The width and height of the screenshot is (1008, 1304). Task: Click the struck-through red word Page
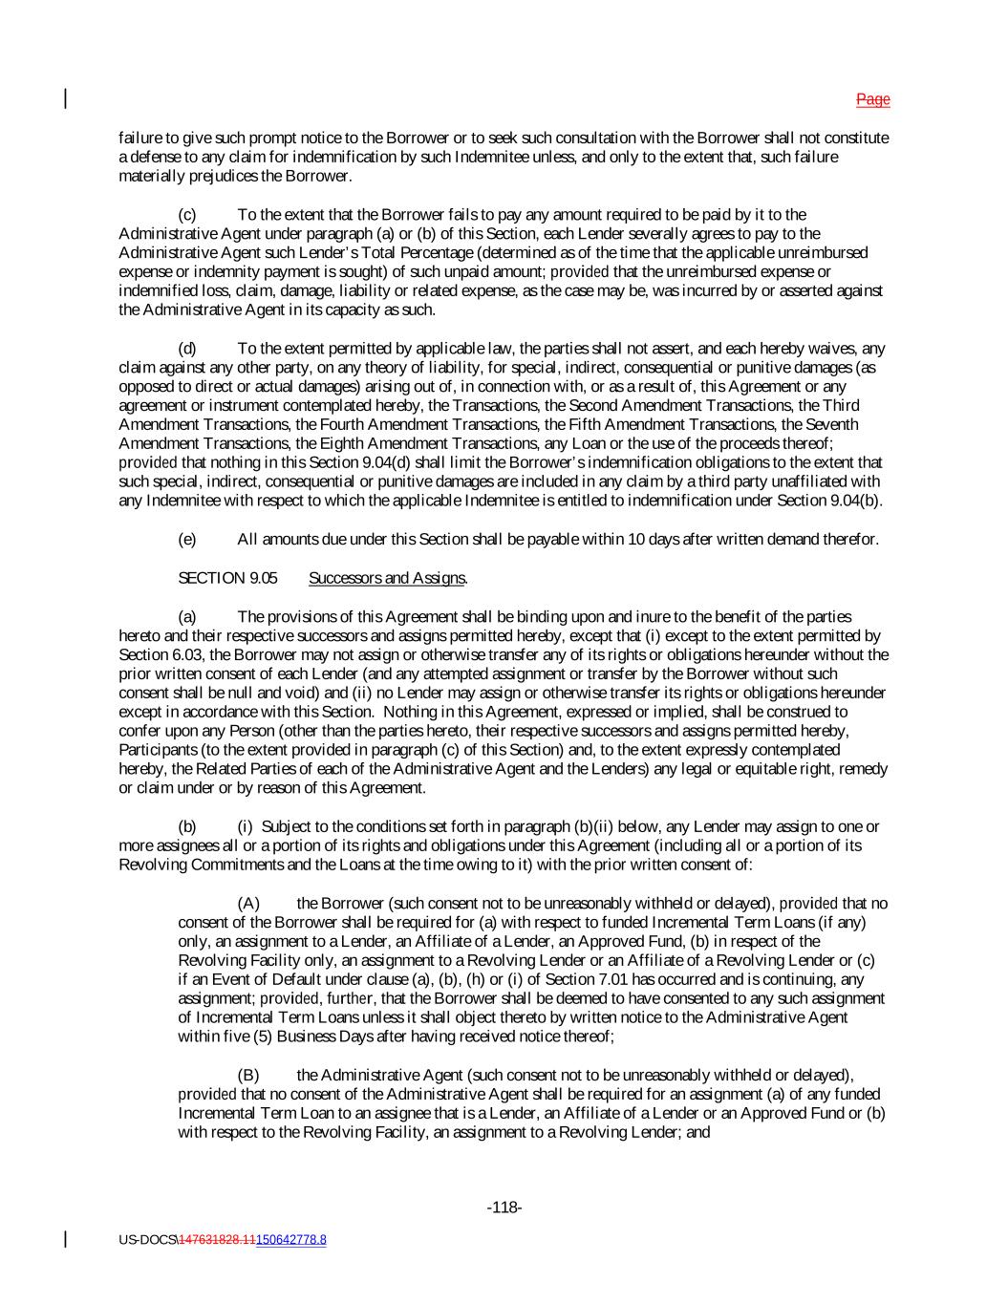click(x=872, y=99)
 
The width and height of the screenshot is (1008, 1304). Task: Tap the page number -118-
click(x=504, y=1208)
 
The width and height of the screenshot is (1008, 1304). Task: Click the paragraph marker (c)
click(x=187, y=215)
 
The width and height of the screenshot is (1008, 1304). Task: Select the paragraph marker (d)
click(x=187, y=349)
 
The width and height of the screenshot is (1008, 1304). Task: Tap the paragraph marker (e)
click(x=187, y=540)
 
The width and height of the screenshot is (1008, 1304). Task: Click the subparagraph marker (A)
click(x=248, y=904)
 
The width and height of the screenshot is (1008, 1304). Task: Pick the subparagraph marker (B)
click(x=248, y=1076)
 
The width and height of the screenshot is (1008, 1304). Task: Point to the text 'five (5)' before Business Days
click(x=205, y=1037)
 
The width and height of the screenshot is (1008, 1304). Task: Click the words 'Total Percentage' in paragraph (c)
click(x=415, y=253)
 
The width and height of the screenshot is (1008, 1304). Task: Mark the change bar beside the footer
click(x=66, y=1239)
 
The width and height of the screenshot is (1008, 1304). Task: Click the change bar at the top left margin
click(x=66, y=98)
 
